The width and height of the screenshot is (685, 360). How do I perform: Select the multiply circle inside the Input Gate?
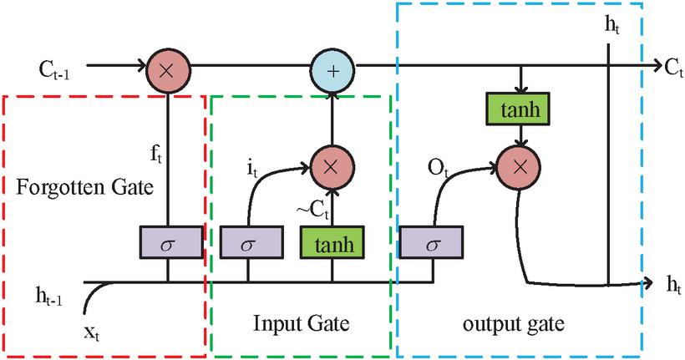click(332, 164)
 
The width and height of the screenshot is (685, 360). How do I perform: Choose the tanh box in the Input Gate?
click(332, 244)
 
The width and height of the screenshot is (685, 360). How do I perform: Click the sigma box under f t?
click(169, 244)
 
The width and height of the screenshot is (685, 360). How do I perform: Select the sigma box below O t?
click(432, 244)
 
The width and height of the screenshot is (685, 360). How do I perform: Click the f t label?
click(156, 154)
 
